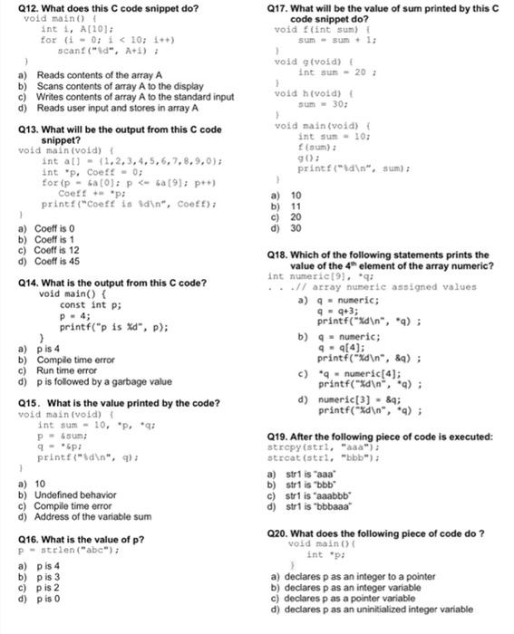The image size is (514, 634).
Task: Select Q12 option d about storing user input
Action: pos(113,108)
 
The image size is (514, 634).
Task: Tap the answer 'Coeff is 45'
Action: pos(57,261)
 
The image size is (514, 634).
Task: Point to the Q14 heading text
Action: pos(112,283)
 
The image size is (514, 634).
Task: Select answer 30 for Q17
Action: pos(296,228)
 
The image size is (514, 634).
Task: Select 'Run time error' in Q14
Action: pos(66,370)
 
